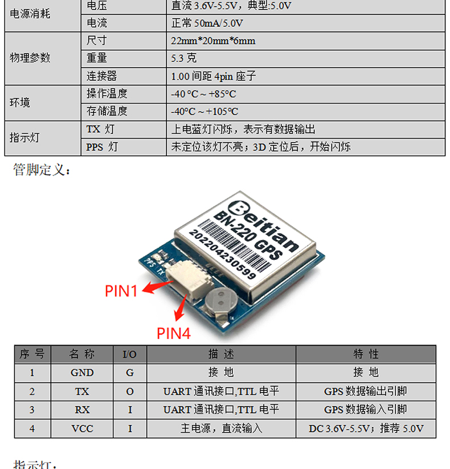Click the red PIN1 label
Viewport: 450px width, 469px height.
[121, 291]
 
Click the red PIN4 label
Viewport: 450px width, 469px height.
[173, 333]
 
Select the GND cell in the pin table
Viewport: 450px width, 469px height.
[82, 373]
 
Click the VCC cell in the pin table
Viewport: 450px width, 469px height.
[82, 429]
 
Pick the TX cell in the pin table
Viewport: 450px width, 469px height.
[82, 391]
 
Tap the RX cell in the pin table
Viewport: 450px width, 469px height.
[82, 410]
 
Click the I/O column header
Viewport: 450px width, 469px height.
[130, 354]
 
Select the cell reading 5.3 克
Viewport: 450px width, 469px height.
[183, 58]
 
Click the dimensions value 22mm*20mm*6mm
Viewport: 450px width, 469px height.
[212, 41]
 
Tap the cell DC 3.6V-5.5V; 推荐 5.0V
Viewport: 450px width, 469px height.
[366, 429]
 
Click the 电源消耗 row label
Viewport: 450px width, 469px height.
[30, 13]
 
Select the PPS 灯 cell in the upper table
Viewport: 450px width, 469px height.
[102, 147]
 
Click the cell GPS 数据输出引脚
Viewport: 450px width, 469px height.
[366, 391]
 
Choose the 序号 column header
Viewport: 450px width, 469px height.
[32, 354]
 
